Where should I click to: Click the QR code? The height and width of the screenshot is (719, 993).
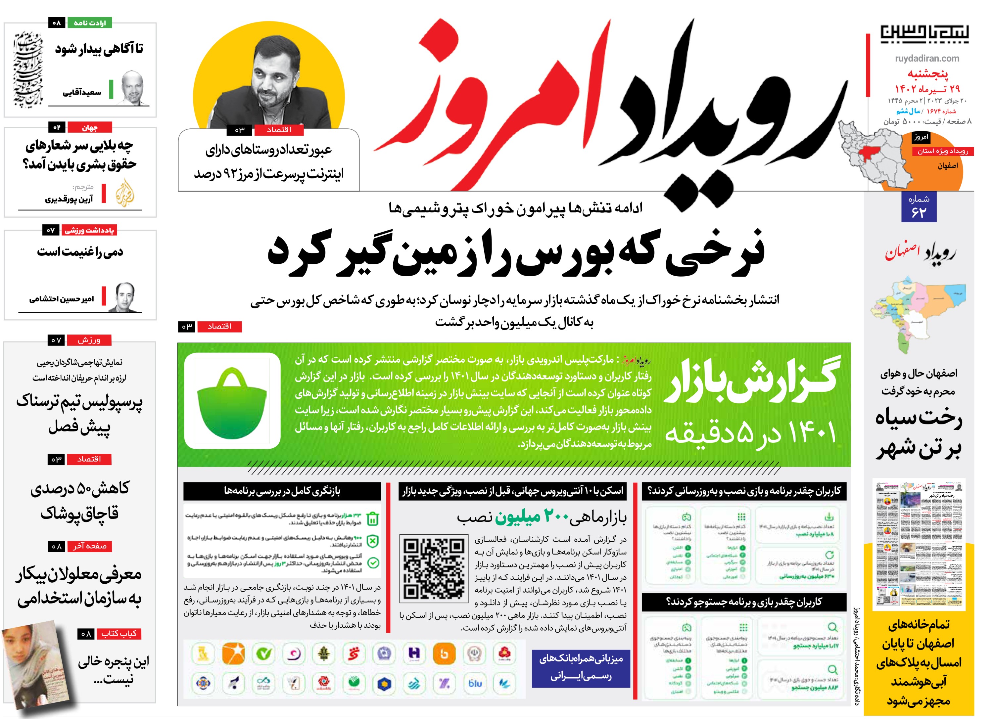tap(434, 568)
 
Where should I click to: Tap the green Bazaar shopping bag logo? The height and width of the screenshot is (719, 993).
tap(232, 401)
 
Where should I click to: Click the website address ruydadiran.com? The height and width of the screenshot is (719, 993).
tap(926, 58)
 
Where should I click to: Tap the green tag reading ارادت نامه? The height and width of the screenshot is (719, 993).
tap(89, 23)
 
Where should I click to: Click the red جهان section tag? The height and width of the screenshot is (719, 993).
tap(89, 128)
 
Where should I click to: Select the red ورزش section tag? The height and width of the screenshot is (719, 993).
tap(89, 340)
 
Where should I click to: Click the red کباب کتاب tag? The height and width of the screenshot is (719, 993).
tap(118, 633)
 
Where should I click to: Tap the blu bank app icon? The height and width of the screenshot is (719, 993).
tap(475, 683)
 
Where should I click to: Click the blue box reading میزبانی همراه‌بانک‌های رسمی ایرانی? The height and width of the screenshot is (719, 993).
tap(581, 668)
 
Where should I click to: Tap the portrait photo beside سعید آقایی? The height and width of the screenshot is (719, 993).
tap(132, 88)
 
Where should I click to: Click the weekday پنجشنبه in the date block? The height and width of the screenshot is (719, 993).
tap(927, 73)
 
